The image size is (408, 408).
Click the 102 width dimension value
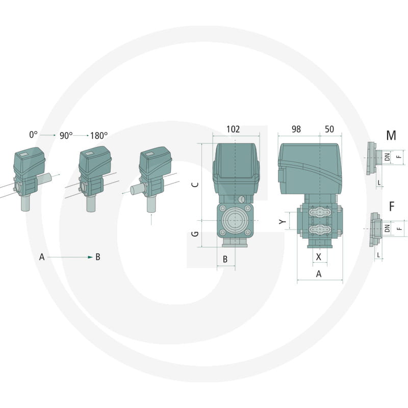(233, 130)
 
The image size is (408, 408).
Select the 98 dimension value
(296, 130)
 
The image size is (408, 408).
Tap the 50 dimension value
(329, 130)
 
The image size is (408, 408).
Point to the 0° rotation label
(33, 135)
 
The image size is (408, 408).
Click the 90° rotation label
(66, 136)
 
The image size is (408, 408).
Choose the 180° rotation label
(99, 136)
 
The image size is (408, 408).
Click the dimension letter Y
(283, 221)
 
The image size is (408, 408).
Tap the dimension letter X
(318, 257)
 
